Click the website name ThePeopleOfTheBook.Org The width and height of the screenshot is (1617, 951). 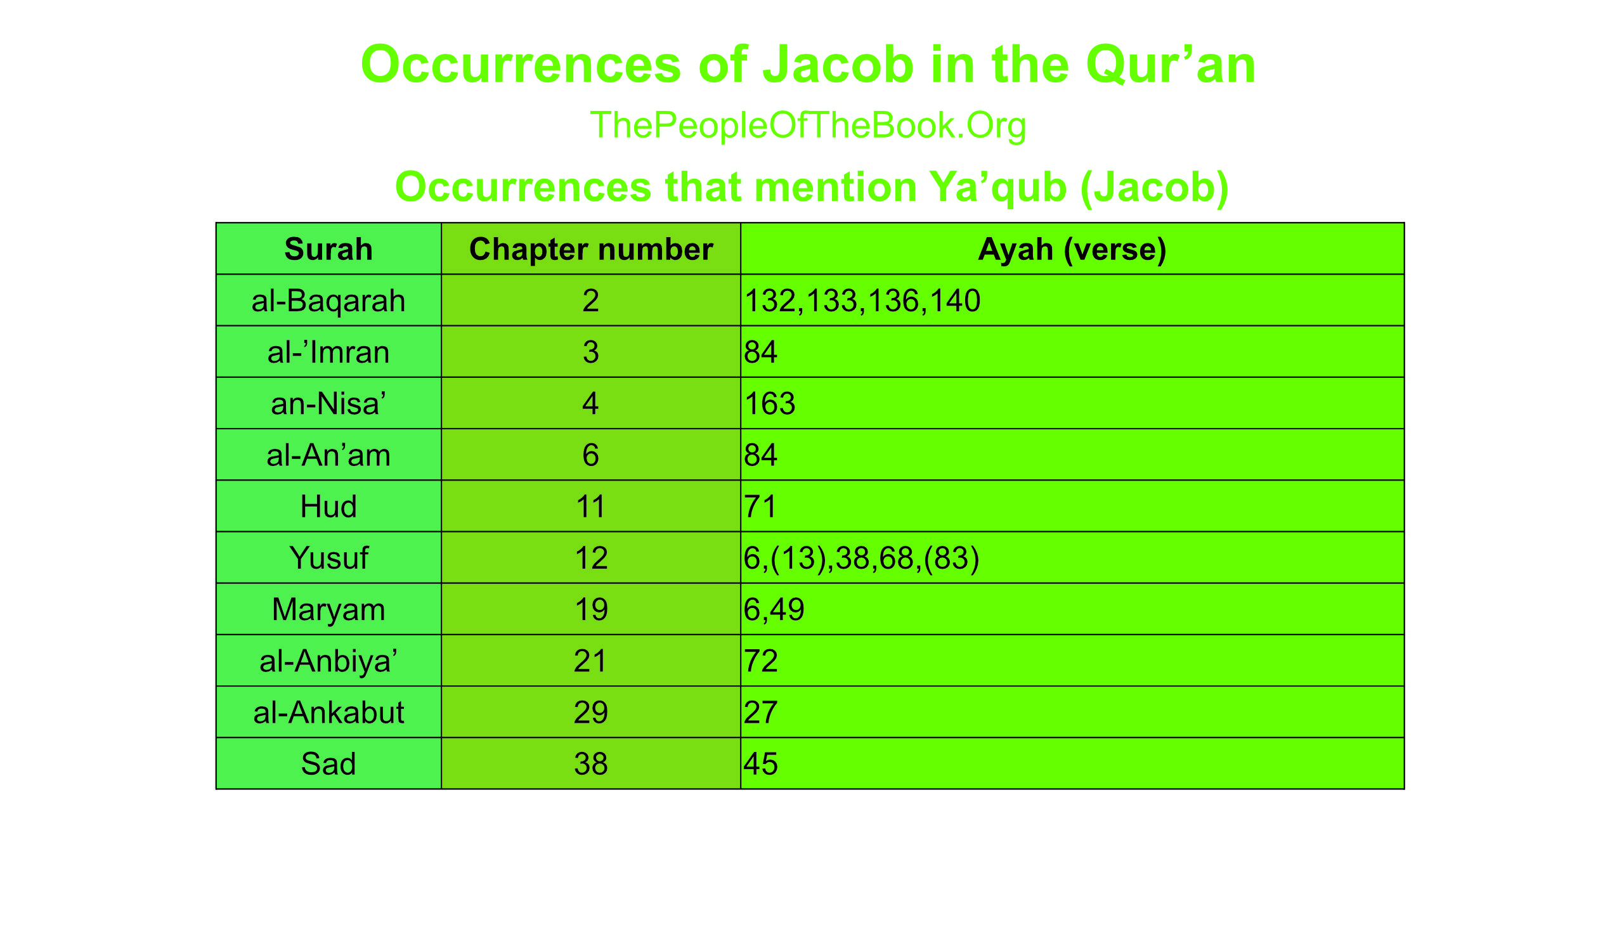[808, 126]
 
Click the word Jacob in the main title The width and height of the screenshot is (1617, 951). [838, 65]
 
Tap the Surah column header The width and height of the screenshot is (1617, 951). [328, 249]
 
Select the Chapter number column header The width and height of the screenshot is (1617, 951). [591, 249]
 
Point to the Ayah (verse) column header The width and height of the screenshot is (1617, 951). [1072, 249]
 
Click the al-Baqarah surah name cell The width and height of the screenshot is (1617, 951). [328, 301]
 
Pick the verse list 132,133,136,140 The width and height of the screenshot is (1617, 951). [862, 301]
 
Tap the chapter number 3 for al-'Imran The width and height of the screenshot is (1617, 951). [591, 352]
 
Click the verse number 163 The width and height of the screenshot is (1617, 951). [770, 403]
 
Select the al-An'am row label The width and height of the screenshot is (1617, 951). [328, 455]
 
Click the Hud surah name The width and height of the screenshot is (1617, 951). [328, 507]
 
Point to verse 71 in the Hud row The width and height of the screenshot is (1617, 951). [760, 507]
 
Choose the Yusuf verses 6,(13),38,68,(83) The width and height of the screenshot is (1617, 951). [862, 558]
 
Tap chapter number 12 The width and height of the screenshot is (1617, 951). [591, 558]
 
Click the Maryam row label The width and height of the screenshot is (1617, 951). [328, 610]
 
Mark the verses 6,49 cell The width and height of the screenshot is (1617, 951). [774, 610]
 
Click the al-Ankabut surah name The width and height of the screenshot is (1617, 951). [328, 712]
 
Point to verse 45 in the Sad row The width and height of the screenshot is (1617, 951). [761, 763]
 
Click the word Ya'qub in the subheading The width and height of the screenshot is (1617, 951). [998, 188]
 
